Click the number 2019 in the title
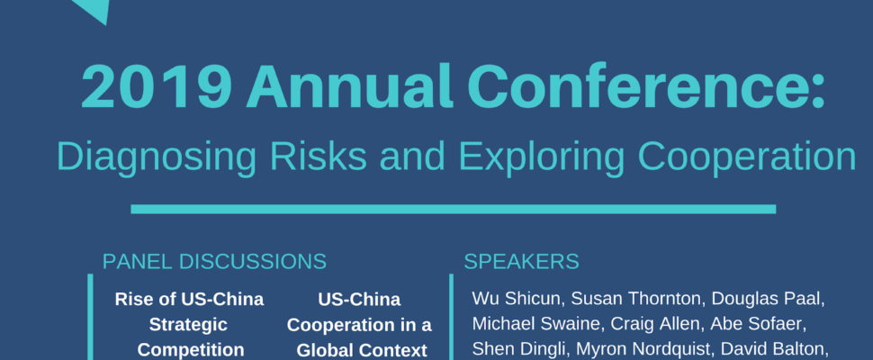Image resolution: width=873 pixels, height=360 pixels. (156, 86)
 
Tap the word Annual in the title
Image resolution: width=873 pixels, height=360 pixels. (348, 86)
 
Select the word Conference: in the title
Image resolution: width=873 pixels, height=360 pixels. (646, 86)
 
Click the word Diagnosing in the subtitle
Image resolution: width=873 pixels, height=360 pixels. (157, 157)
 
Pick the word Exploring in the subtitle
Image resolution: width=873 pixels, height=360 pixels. (541, 157)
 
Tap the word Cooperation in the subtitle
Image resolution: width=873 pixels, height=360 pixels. (747, 157)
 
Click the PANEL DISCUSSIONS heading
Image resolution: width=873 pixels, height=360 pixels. (214, 262)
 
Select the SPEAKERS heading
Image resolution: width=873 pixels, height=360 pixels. (521, 262)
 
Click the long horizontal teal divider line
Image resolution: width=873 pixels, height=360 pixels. (454, 209)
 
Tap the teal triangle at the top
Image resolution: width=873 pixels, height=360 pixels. (92, 9)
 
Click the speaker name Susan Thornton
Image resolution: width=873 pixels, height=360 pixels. (633, 299)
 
